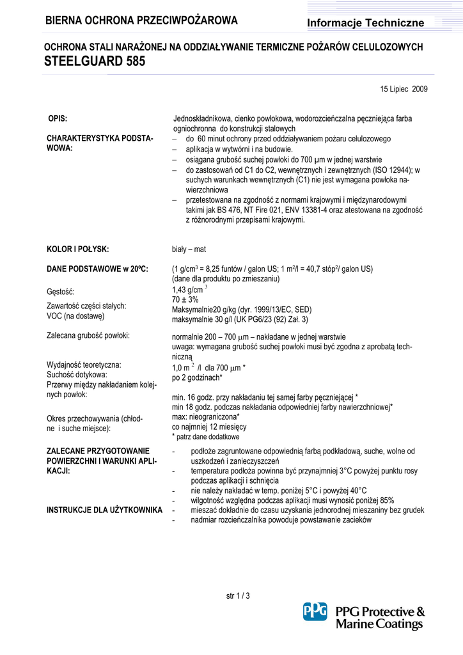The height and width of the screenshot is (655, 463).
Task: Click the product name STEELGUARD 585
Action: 95,62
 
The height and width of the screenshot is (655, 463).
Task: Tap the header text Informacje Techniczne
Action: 366,23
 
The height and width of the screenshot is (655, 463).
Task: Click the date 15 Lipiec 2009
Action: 404,89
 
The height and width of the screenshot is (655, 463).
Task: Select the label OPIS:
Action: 58,119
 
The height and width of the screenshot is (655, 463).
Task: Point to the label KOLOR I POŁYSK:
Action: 78,249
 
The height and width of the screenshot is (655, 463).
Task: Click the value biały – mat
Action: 189,249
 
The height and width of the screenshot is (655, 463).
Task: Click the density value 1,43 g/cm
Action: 187,290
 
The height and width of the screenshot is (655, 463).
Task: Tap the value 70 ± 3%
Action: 185,300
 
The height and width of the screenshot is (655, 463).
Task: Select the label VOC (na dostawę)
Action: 75,315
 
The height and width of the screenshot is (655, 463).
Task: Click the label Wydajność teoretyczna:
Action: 84,365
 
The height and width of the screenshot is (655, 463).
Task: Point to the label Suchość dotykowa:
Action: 77,374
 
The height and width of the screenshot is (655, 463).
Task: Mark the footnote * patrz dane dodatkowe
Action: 206,436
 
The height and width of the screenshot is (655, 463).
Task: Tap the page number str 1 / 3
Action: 238,596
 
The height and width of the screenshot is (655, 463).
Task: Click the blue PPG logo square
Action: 315,612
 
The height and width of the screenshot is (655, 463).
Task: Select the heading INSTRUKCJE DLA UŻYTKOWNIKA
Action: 105,510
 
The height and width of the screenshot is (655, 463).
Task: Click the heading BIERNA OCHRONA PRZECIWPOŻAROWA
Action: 141,21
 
